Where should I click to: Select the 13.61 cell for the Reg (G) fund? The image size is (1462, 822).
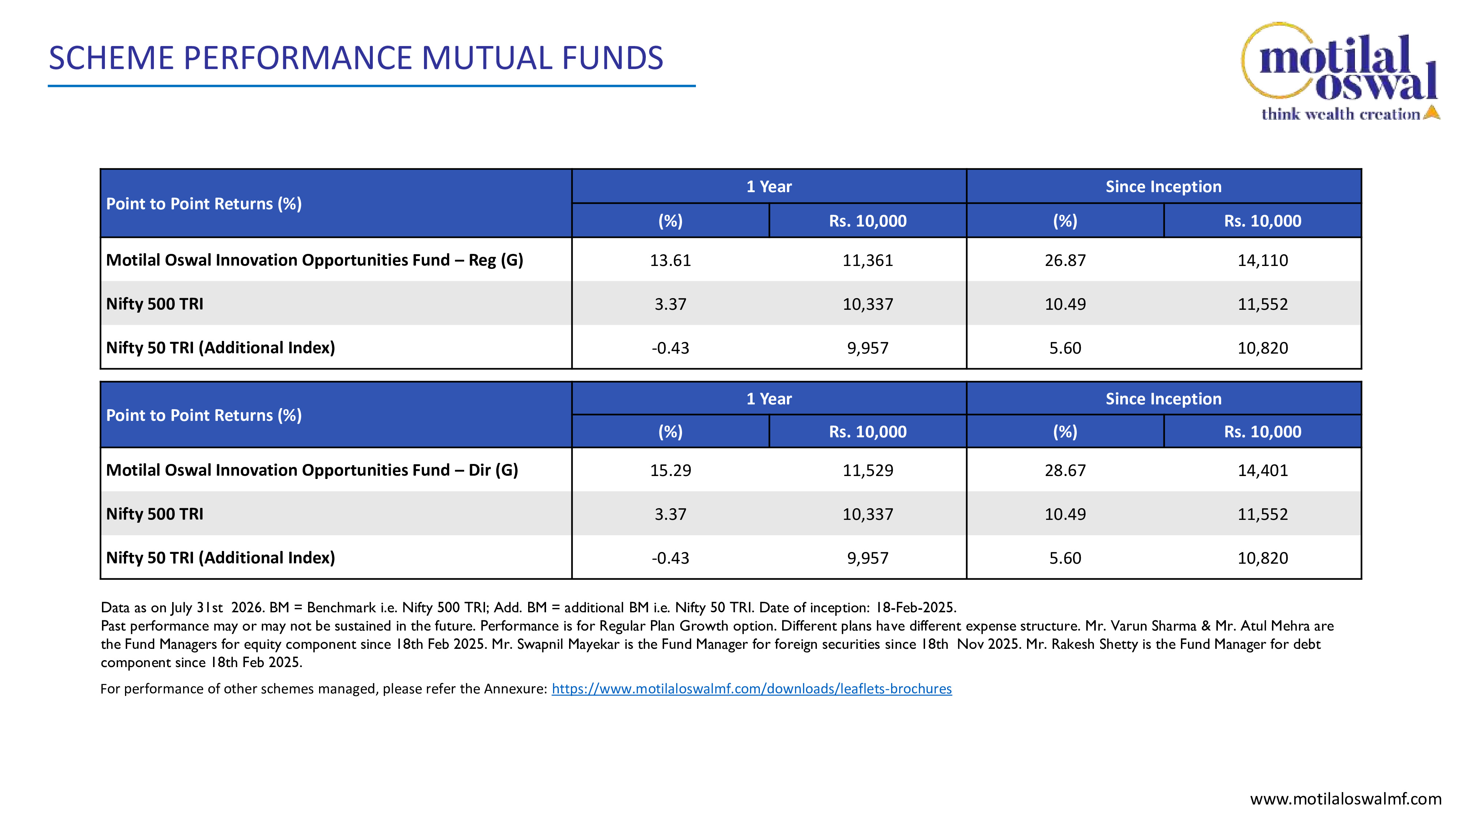[x=670, y=260]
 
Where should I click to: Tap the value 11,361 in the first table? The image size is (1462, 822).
[x=868, y=260]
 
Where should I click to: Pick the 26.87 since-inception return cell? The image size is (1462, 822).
[x=1065, y=260]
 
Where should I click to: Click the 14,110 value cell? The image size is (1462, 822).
[x=1263, y=260]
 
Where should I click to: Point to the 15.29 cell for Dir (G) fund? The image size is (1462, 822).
[x=670, y=470]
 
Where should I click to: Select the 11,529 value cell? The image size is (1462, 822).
[x=868, y=470]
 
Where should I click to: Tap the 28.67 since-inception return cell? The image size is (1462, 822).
[x=1065, y=470]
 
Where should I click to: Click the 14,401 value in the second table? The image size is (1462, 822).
[x=1263, y=470]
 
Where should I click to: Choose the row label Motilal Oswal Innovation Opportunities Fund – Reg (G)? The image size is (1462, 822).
[x=314, y=260]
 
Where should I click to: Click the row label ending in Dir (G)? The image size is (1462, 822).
[x=312, y=470]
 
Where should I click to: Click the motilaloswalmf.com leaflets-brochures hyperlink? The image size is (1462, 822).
[x=751, y=689]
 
